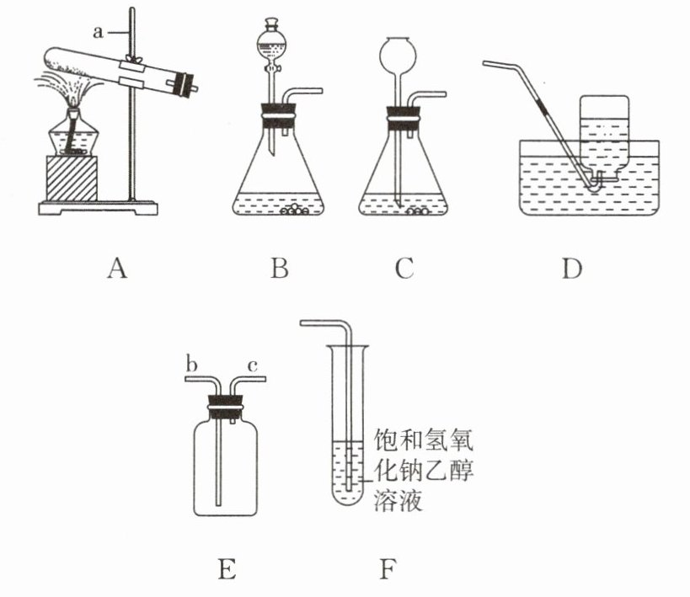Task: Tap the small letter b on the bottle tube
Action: tap(191, 364)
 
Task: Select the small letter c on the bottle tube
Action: tap(252, 364)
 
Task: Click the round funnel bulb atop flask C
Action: tap(394, 55)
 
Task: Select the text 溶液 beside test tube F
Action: tap(396, 503)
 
